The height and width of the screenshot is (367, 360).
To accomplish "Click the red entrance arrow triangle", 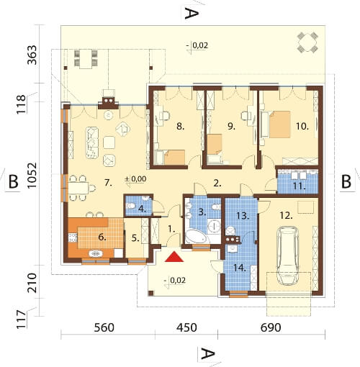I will click(173, 257).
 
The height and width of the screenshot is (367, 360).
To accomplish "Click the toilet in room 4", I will click(132, 208).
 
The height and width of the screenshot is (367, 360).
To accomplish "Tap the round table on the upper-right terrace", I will click(308, 42).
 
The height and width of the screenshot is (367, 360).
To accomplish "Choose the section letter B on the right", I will click(346, 180).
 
